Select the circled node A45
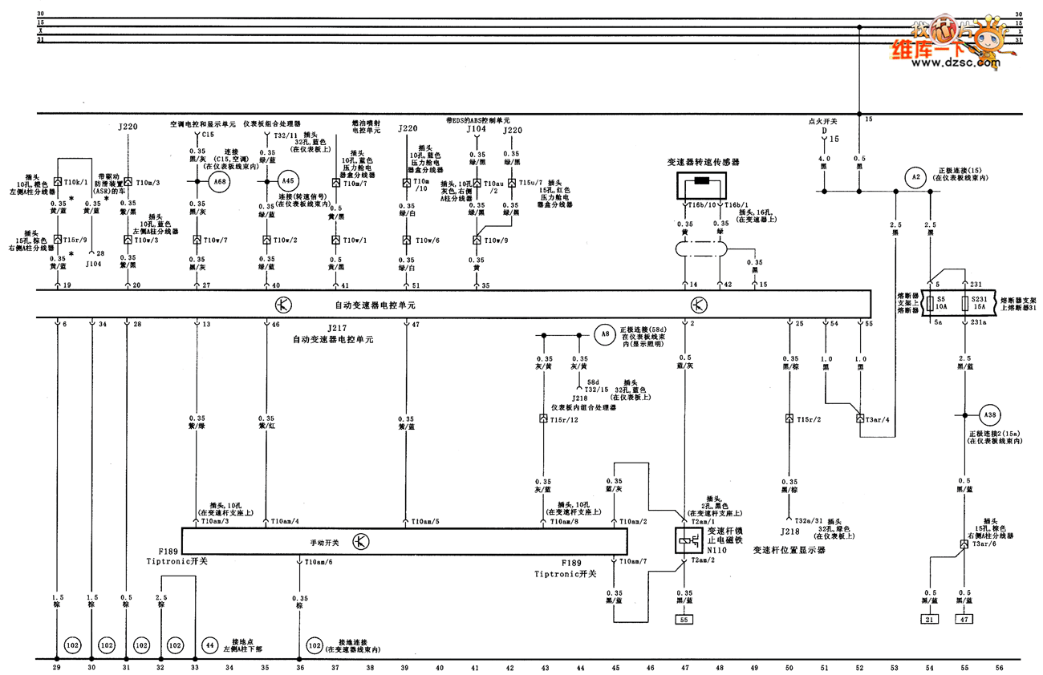point(288,181)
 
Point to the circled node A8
point(606,333)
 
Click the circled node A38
point(990,414)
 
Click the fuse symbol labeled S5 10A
point(930,304)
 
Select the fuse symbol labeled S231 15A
point(965,304)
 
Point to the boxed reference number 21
point(929,619)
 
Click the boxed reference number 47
point(964,619)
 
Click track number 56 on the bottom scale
point(999,667)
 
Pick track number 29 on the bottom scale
point(56,667)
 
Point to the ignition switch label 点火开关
point(822,121)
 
